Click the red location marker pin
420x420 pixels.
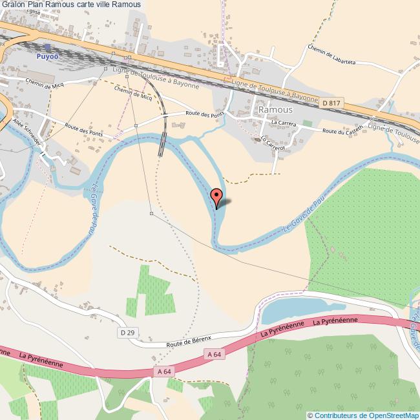216,196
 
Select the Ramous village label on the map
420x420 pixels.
275,110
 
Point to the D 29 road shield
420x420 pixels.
128,332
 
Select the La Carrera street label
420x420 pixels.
283,121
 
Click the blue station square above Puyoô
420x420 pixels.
47,47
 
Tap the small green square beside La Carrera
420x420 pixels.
307,123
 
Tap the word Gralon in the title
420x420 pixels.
13,5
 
